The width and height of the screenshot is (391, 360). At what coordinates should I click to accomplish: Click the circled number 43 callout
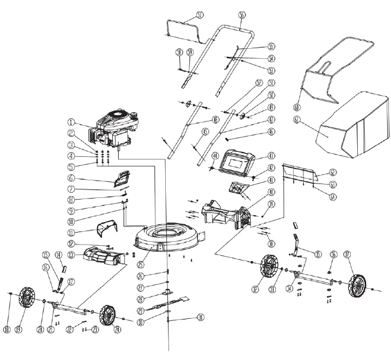click(x=271, y=156)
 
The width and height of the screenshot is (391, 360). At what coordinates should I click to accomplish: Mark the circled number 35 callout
click(x=318, y=254)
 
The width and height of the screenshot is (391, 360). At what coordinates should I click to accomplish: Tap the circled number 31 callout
click(x=201, y=317)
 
